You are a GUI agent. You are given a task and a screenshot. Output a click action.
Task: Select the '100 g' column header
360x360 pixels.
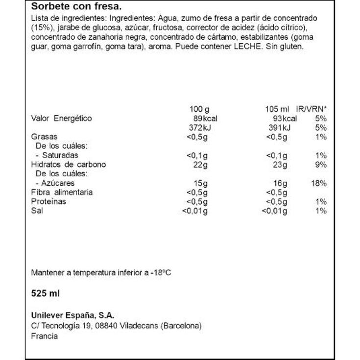(x=198, y=109)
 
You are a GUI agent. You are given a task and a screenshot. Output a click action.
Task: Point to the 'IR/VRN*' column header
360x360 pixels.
(x=312, y=109)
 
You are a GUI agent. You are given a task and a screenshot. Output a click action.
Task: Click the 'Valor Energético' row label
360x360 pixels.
(x=61, y=119)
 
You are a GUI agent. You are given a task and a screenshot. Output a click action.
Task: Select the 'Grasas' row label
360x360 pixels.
(x=44, y=137)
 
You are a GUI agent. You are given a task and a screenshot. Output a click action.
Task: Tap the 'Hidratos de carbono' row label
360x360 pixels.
(x=68, y=165)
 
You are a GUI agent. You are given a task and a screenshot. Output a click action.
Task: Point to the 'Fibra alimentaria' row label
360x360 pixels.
(x=62, y=192)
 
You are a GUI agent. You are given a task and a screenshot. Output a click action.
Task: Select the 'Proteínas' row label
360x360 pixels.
(x=48, y=202)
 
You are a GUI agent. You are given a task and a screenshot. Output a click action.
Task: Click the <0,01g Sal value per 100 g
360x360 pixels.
(x=195, y=211)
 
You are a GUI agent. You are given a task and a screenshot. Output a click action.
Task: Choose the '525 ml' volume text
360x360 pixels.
(x=45, y=293)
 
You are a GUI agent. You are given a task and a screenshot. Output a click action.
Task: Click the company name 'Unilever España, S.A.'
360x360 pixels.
(x=72, y=316)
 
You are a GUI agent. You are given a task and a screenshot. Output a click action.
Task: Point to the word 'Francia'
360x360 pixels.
(x=44, y=336)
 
